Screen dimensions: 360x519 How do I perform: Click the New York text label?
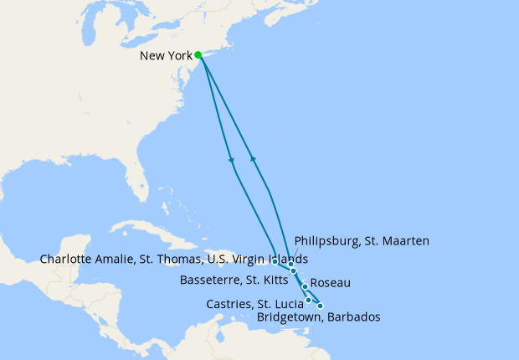tap(166, 56)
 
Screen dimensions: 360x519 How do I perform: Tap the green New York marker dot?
tap(198, 55)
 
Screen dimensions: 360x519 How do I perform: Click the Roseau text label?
tap(331, 285)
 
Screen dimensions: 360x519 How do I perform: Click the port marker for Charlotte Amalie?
tap(275, 261)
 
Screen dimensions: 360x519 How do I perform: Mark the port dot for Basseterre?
tap(294, 271)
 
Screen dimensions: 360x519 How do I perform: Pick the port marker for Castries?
tap(309, 300)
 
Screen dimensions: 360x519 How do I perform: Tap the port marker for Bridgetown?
tap(320, 306)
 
